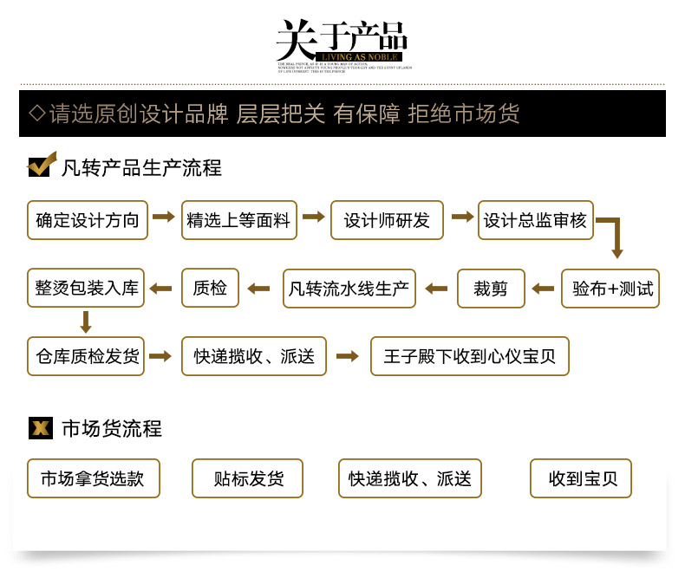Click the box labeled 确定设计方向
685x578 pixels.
[x=88, y=220]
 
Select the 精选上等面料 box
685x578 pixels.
[x=239, y=220]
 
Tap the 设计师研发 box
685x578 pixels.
[x=387, y=220]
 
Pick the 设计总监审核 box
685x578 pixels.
[x=535, y=220]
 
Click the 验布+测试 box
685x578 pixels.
[x=610, y=289]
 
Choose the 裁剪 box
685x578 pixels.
[x=491, y=289]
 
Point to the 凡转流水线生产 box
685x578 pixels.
[x=349, y=289]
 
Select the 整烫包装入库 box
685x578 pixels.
[x=87, y=289]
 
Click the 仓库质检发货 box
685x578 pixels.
[x=88, y=356]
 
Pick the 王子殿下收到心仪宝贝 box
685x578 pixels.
[x=470, y=356]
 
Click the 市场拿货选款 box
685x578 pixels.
[x=94, y=478]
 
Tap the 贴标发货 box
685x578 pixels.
[x=248, y=478]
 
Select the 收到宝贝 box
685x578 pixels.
[x=581, y=478]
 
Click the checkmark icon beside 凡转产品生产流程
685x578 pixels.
[x=41, y=165]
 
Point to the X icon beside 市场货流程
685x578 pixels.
[x=40, y=427]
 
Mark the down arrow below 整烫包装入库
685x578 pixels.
[x=86, y=322]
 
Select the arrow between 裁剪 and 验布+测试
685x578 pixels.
[x=543, y=289]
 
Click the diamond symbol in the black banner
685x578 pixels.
[x=36, y=114]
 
